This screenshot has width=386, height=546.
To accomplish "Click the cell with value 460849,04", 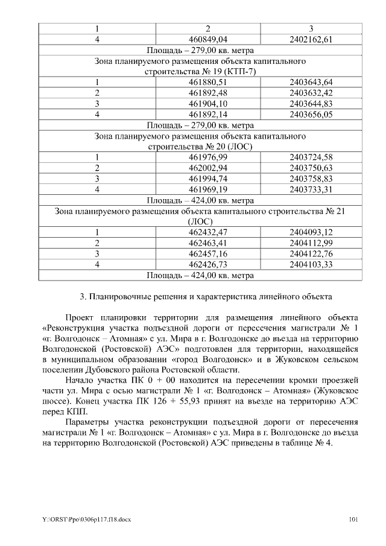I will tap(207, 40).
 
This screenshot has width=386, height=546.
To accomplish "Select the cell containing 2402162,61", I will tap(311, 40).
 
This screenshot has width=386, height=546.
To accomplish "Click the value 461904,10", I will tap(207, 103).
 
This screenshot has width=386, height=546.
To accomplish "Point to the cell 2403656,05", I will tap(311, 114).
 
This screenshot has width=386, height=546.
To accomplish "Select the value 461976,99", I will tap(207, 157).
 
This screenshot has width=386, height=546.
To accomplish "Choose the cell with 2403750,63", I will tap(311, 168).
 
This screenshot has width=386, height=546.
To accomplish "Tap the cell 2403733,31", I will tap(311, 189).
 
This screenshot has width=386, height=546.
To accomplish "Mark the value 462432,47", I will tap(207, 232).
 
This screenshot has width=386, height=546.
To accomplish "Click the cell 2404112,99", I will tap(311, 243).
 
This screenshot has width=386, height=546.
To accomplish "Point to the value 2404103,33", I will tap(311, 264).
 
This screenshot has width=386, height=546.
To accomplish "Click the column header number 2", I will tap(207, 29).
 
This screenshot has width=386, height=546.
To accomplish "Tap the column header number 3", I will tap(311, 29).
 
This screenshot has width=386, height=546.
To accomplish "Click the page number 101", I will tap(354, 519).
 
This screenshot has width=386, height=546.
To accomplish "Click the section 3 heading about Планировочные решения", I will tap(205, 297).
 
